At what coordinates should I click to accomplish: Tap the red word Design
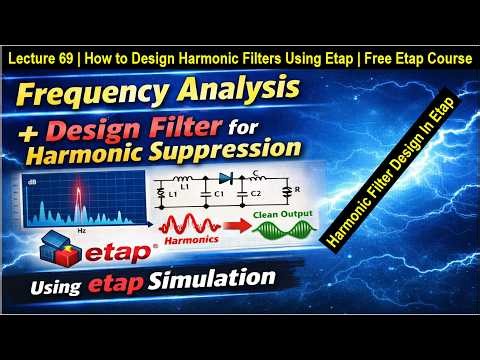pyautogui.click(x=111, y=127)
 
